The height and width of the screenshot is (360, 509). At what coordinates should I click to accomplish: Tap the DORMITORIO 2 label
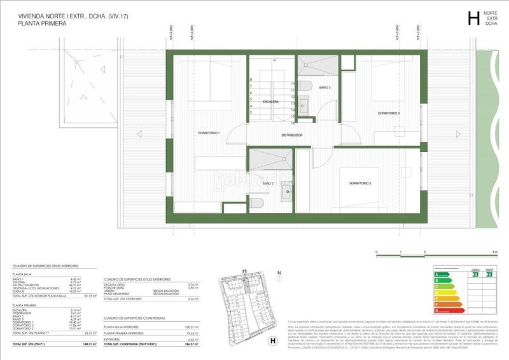click(388, 113)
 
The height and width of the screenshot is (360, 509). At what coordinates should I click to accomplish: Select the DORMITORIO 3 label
click(359, 183)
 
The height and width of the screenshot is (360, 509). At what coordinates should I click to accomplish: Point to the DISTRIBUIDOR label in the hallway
click(292, 135)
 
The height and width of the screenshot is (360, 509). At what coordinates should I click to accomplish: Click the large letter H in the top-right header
click(473, 18)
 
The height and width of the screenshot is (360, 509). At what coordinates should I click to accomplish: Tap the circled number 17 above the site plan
click(244, 270)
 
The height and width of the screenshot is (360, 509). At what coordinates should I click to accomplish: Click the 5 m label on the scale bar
click(494, 253)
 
